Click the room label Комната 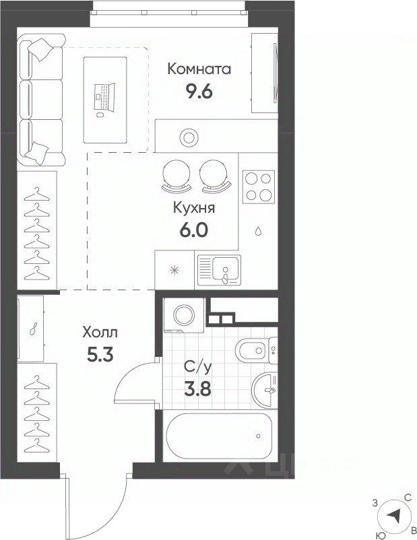point(199,69)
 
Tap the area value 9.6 point(199,92)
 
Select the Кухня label point(194,207)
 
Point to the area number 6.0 point(194,230)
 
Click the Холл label point(100,333)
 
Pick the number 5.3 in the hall point(100,355)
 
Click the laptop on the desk point(104,98)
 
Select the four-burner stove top point(259,187)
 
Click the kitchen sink point(218,269)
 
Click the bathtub point(219,436)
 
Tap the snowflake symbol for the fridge point(174,271)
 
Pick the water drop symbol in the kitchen point(258,231)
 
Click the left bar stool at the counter point(176,176)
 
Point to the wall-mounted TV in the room point(275,72)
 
